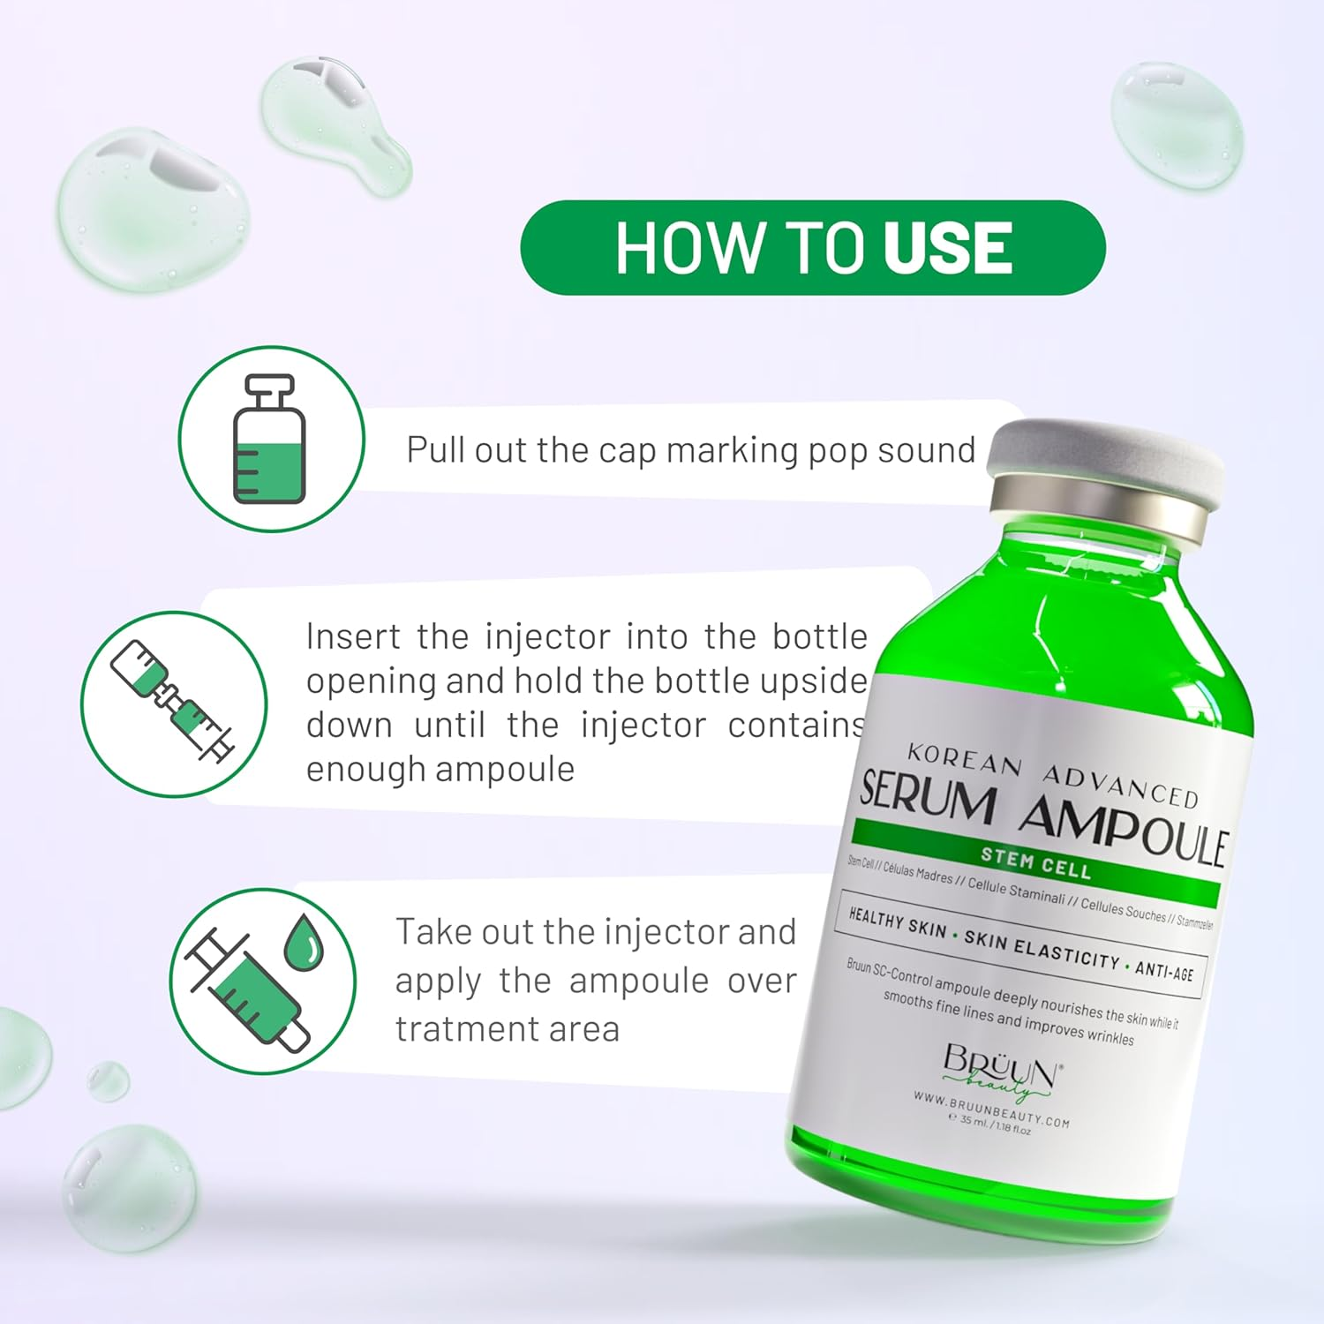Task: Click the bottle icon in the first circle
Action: pos(270,439)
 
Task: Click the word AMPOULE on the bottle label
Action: pos(1123,831)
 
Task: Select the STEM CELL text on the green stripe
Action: pos(1035,862)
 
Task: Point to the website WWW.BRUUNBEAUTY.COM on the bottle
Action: pos(990,1110)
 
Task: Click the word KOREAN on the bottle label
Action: pos(964,759)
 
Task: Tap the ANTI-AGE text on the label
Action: pos(1163,971)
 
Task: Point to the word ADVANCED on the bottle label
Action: pos(1120,786)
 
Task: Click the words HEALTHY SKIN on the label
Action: pos(897,923)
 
